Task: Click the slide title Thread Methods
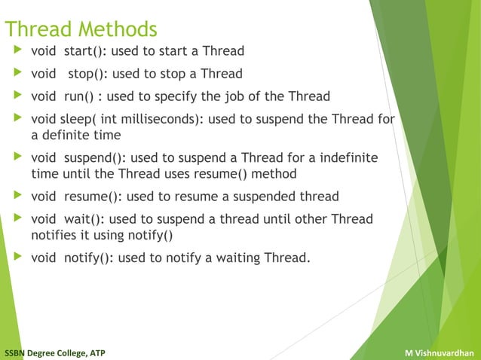81,29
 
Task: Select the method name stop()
87,74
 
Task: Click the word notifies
54,235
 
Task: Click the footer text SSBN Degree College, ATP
55,352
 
